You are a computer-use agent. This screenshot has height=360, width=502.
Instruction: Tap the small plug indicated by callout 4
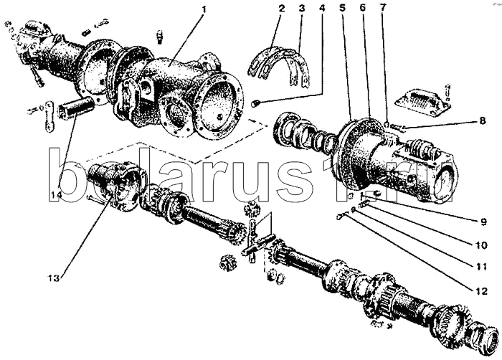point(255,105)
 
